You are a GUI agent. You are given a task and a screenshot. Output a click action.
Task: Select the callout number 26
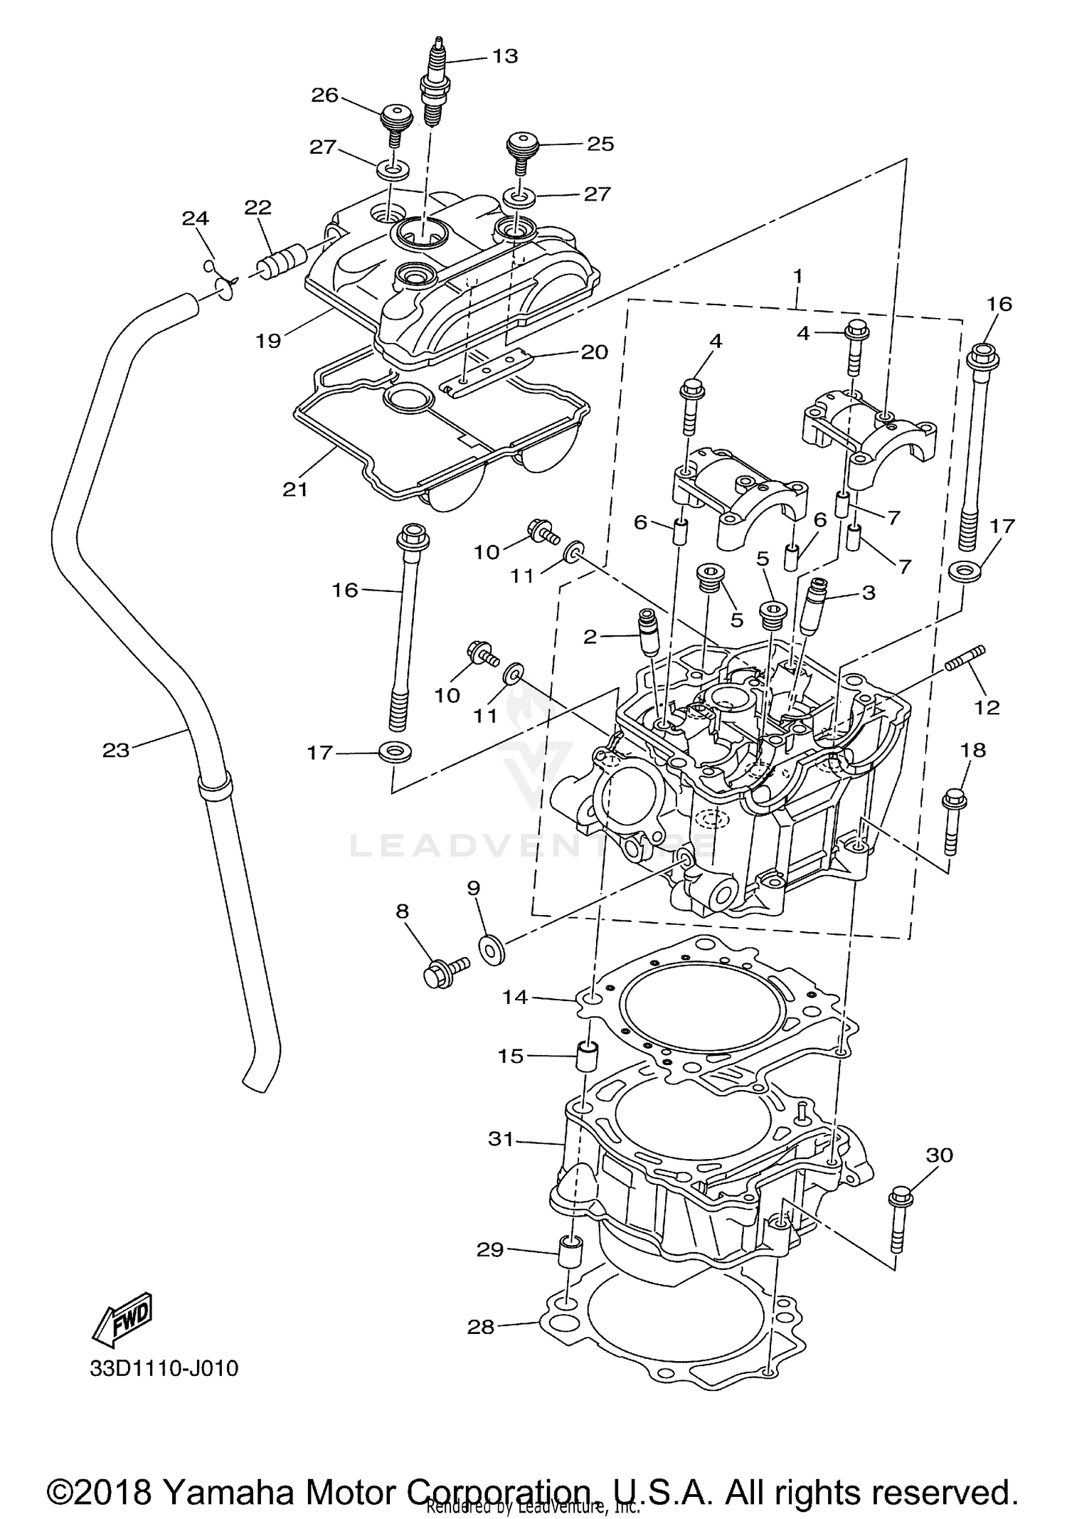325,95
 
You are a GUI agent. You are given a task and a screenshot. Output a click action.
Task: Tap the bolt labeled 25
521,152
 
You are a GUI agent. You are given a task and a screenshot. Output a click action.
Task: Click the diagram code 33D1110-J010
164,1368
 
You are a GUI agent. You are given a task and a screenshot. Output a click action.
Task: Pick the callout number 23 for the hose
116,750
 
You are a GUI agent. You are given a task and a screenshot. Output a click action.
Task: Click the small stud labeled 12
966,657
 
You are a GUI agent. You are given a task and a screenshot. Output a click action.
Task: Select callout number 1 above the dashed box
798,275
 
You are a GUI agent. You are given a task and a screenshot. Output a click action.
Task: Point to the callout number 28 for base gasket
481,1327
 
